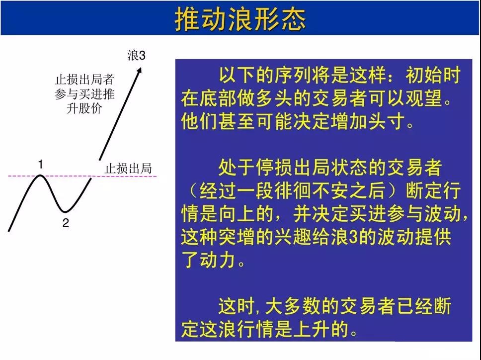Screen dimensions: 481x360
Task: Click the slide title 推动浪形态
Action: click(x=240, y=19)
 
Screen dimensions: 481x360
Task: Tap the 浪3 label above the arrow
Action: click(x=137, y=56)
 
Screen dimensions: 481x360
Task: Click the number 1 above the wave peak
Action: click(x=40, y=165)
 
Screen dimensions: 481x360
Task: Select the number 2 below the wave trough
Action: click(x=66, y=223)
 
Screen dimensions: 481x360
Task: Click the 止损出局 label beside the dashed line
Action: click(x=128, y=169)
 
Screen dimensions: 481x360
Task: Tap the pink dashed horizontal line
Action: click(x=82, y=176)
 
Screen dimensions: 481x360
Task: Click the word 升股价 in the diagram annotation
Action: click(x=84, y=108)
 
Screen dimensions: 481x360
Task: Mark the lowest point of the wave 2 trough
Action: click(x=65, y=211)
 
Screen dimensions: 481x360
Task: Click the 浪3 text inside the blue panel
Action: click(x=344, y=237)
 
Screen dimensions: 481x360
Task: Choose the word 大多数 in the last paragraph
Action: click(x=293, y=306)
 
